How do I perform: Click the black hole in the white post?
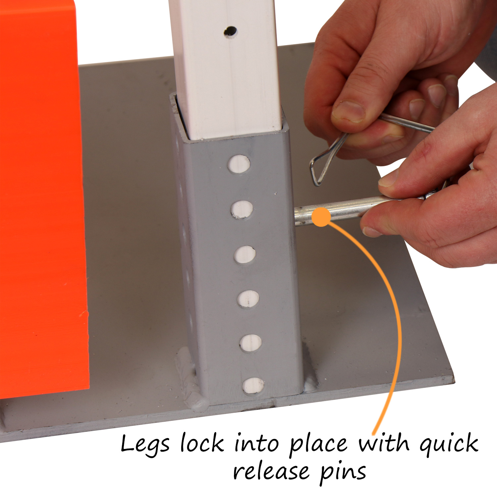coord(230,32)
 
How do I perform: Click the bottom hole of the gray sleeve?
coord(253,385)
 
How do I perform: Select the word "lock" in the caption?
coord(202,443)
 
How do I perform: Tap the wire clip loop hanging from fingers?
coord(326,159)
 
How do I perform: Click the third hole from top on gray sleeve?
coord(245,254)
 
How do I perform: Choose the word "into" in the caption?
coord(256,443)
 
